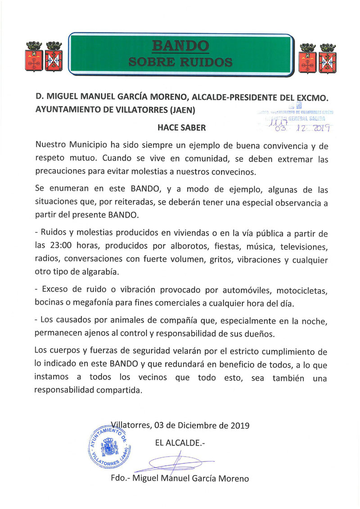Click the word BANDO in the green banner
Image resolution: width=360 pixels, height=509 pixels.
[x=180, y=46]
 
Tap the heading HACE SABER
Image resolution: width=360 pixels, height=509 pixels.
[x=181, y=128]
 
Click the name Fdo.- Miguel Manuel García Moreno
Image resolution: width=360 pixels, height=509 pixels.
[x=180, y=478]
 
